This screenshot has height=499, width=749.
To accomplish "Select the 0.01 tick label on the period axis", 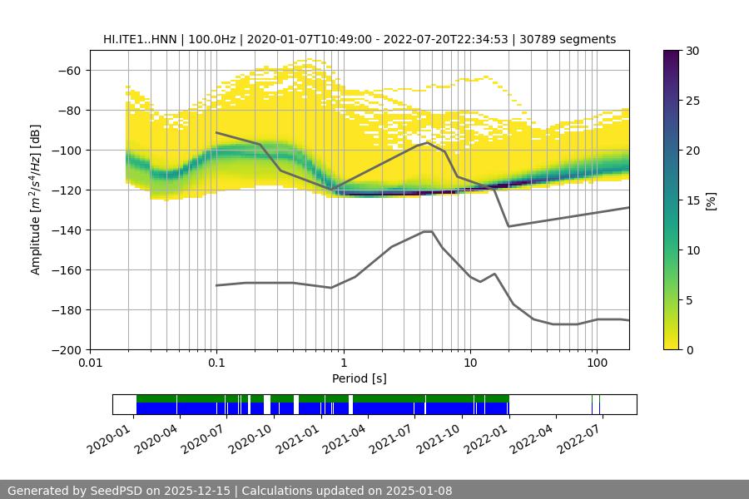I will tap(90, 363).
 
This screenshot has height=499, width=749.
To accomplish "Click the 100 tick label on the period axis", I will tap(596, 363).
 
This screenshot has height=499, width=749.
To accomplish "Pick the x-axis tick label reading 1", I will tap(343, 363).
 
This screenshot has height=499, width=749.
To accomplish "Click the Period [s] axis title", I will tap(359, 378).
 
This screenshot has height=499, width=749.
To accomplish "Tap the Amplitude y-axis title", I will tap(36, 200).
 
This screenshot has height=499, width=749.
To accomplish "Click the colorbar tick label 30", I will tap(692, 51).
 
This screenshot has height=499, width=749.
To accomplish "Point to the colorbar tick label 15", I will tap(692, 200).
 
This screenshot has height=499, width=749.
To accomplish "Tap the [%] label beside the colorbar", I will tap(711, 200).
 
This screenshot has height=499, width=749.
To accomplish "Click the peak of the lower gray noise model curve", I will tap(428, 231).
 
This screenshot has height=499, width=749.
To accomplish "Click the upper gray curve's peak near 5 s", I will tap(428, 142).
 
